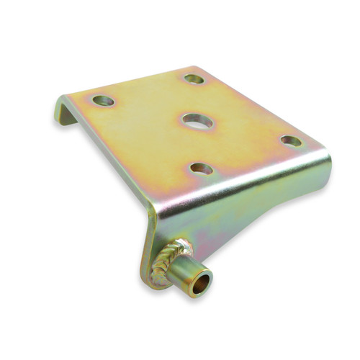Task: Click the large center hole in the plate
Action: (198, 120)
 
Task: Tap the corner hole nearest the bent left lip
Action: (103, 101)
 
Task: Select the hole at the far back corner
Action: (194, 78)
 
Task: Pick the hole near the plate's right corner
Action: (291, 141)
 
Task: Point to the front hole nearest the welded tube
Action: (202, 169)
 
